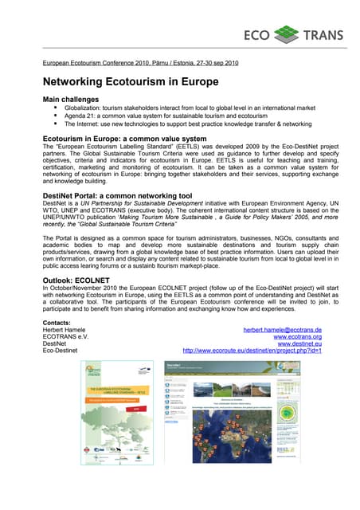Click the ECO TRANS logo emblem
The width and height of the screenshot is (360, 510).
pyautogui.click(x=285, y=34)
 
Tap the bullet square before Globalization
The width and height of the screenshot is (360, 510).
pyautogui.click(x=56, y=107)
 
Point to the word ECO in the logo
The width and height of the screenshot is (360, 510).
pyautogui.click(x=256, y=35)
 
